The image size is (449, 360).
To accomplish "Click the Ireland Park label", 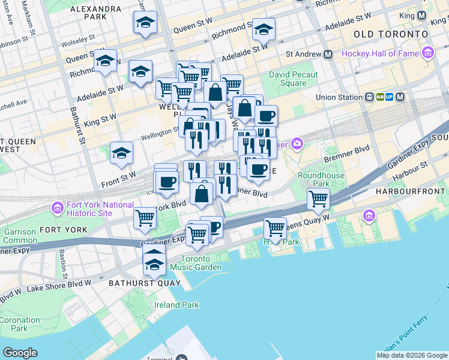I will pos(176,305).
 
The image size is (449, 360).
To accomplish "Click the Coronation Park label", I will pos(19,324).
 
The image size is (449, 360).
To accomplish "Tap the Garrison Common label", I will pos(19,235).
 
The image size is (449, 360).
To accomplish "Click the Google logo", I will pos(20,353).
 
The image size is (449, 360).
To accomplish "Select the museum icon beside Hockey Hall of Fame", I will pos(427,53).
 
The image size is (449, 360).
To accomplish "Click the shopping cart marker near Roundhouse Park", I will pos(318,199).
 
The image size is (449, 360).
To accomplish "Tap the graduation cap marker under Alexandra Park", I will pos(145,23).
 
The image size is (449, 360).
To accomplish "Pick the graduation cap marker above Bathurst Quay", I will pos(154,262).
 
